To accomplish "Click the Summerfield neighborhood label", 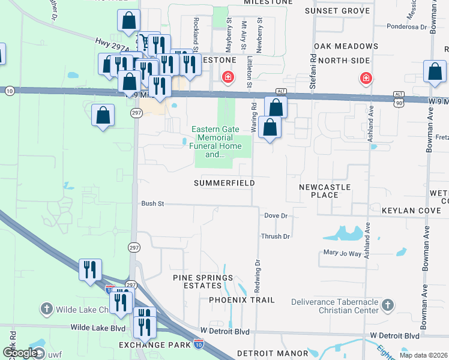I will [224, 182].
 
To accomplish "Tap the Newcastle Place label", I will [325, 191].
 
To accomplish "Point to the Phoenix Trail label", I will [242, 299].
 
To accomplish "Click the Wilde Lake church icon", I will [47, 309].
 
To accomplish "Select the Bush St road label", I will [152, 204].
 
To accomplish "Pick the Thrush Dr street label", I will [275, 236].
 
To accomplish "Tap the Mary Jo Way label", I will [342, 253].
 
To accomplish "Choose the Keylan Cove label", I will [412, 211].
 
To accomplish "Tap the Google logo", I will [20, 353].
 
